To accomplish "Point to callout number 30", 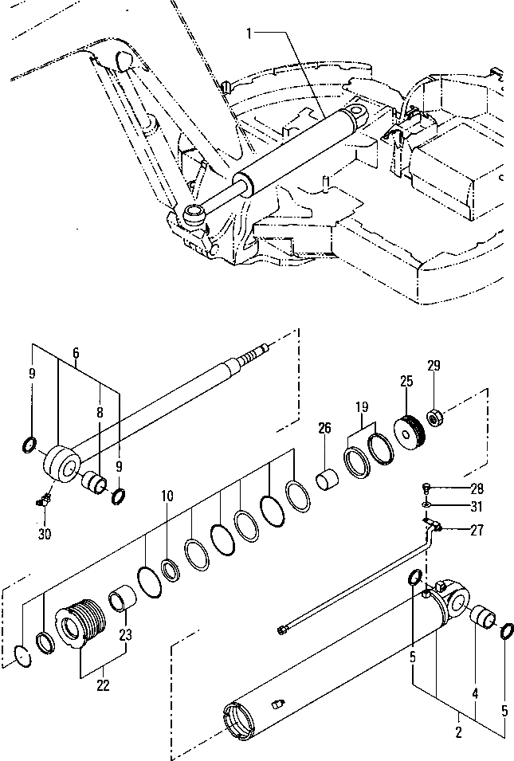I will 45,533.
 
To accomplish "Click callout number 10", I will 167,496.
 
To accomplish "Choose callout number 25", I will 406,381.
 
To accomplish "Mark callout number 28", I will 477,488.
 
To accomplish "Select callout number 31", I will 477,507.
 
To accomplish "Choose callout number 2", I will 458,728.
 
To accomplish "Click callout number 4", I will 475,695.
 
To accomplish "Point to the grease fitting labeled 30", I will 45,501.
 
